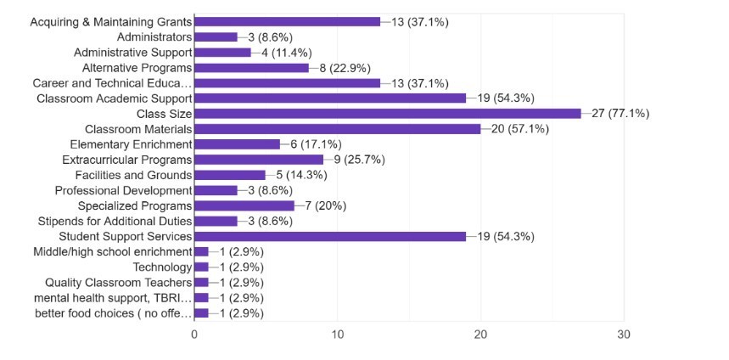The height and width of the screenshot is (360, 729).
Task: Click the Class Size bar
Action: [388, 114]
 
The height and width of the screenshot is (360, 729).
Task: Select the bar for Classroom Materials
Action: [338, 129]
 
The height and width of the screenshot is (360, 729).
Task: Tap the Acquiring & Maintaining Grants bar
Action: [288, 22]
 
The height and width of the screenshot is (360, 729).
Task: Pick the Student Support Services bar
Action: [330, 236]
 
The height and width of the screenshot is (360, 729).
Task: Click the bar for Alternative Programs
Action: [252, 68]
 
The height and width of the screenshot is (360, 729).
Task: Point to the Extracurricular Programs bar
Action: [259, 160]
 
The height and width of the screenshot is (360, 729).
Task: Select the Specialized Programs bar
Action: [244, 205]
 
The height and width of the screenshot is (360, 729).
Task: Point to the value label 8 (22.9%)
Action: [348, 68]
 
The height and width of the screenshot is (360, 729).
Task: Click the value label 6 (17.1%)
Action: [319, 144]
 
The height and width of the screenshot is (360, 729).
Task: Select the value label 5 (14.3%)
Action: [305, 175]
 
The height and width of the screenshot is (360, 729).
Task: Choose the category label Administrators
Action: [155, 37]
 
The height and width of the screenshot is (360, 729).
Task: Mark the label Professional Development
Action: [124, 190]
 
